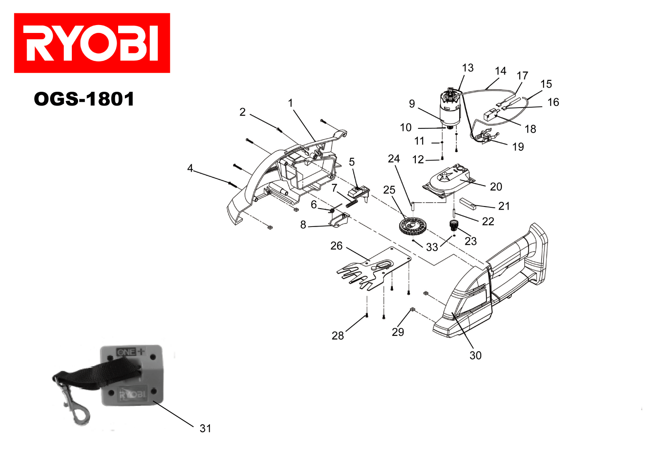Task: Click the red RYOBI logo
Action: pyautogui.click(x=92, y=43)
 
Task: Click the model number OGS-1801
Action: pyautogui.click(x=84, y=99)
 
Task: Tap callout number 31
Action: pyautogui.click(x=205, y=428)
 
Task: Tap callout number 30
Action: pyautogui.click(x=476, y=355)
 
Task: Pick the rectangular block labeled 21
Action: pyautogui.click(x=468, y=204)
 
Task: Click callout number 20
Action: pyautogui.click(x=496, y=186)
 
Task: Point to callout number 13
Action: pyautogui.click(x=468, y=68)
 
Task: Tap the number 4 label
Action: pyautogui.click(x=190, y=168)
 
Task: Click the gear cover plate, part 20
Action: pyautogui.click(x=449, y=179)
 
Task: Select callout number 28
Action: pyautogui.click(x=338, y=335)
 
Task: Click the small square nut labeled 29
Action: pyautogui.click(x=412, y=309)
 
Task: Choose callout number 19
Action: pyautogui.click(x=518, y=147)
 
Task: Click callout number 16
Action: pyautogui.click(x=553, y=102)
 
